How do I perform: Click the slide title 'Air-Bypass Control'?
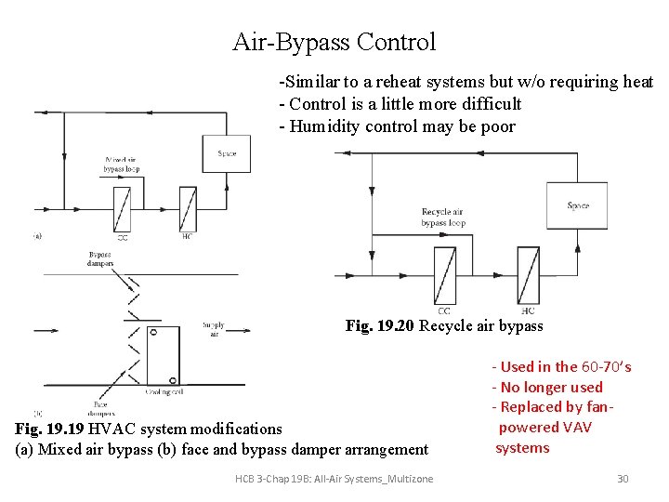(x=334, y=42)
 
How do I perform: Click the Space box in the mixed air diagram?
(x=226, y=153)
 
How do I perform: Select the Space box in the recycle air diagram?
(x=577, y=205)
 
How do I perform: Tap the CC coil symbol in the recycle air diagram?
(x=444, y=275)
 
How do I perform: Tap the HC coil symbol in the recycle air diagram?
(x=528, y=275)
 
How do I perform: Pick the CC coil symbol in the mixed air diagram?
(x=123, y=209)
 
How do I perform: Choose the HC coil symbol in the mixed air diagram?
(x=188, y=209)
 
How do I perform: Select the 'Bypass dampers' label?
(x=100, y=258)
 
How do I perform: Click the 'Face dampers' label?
(x=103, y=408)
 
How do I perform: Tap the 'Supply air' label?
(x=214, y=329)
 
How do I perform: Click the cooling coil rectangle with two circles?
(x=164, y=355)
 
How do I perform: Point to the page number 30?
(x=623, y=478)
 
